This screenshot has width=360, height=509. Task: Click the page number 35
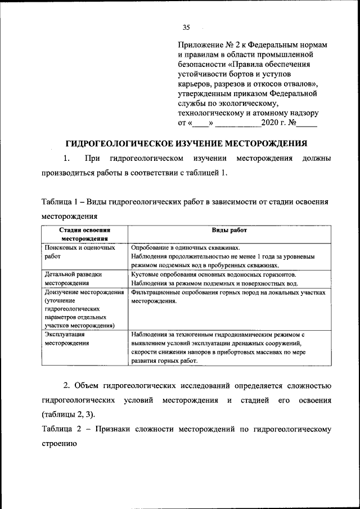pyautogui.click(x=187, y=27)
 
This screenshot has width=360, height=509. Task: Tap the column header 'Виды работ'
pyautogui.click(x=229, y=231)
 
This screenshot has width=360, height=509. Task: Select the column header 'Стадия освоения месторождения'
pyautogui.click(x=85, y=234)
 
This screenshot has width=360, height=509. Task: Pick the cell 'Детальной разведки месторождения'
pyautogui.click(x=73, y=278)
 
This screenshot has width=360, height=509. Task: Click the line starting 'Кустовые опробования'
pyautogui.click(x=213, y=274)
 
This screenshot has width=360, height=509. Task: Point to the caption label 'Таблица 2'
pyautogui.click(x=61, y=429)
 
